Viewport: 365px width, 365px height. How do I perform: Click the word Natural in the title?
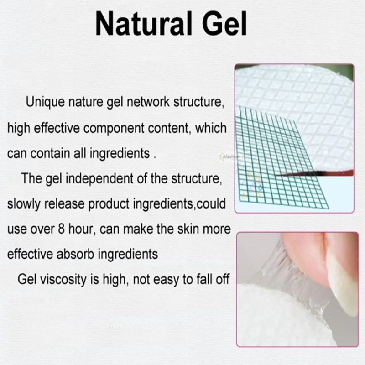tap(144, 24)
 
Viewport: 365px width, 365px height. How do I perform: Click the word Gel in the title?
tap(224, 24)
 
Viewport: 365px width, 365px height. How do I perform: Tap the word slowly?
tap(24, 204)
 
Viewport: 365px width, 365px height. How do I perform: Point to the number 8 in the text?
tap(61, 229)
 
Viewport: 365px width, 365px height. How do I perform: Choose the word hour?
tap(82, 229)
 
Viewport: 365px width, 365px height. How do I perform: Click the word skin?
tap(188, 229)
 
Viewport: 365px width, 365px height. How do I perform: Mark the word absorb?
tap(75, 254)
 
